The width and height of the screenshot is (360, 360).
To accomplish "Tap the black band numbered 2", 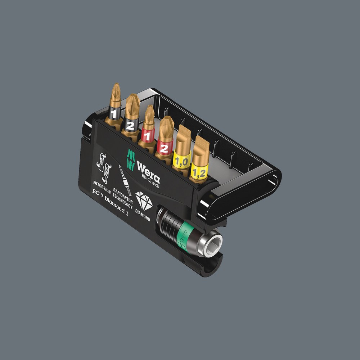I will tap(130, 125).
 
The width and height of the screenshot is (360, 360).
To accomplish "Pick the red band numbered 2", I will tap(164, 148).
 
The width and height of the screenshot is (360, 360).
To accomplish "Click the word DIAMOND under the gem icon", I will tap(143, 216).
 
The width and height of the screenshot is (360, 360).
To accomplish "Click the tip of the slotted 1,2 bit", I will tap(202, 140).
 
